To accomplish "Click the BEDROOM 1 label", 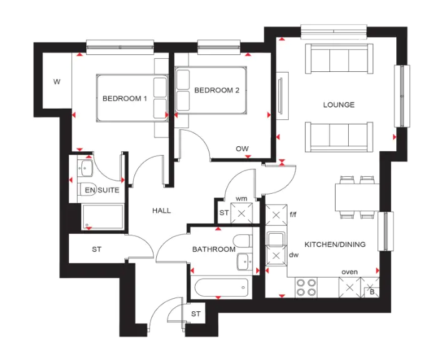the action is (x=124, y=99).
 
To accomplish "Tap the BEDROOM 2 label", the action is (x=217, y=90).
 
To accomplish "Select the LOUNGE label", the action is (x=339, y=104).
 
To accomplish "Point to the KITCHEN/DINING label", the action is (x=335, y=244).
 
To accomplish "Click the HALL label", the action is (x=161, y=211).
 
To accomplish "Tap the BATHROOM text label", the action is (x=214, y=249).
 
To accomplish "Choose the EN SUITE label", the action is (x=102, y=190).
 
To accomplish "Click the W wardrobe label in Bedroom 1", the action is (x=57, y=82).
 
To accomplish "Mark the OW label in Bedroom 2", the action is (x=242, y=149).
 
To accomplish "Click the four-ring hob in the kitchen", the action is (x=306, y=287).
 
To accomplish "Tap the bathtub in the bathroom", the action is (x=221, y=287).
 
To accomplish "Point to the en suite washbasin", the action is (x=86, y=168).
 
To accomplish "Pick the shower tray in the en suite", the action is (x=102, y=217).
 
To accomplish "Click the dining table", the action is (x=357, y=197).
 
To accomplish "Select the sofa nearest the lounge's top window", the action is (x=339, y=59).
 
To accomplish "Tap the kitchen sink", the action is (x=276, y=239).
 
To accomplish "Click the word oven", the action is (x=349, y=272).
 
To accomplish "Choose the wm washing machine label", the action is (x=241, y=199).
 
